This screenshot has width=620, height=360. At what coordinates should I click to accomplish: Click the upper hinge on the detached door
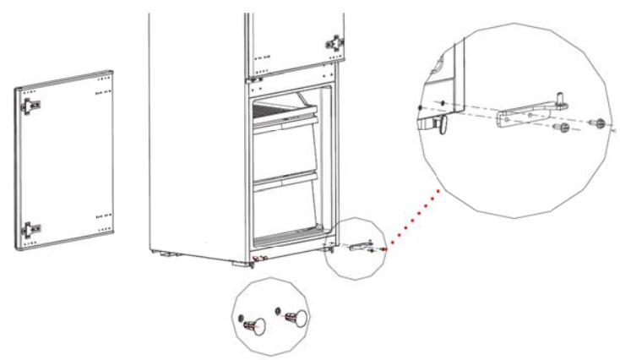pos(32,104)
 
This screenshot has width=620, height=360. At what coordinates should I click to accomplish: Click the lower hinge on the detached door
pos(31,226)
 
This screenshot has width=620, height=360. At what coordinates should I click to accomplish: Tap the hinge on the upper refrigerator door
pos(336,41)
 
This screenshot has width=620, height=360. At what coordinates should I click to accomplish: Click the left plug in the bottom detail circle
pos(253,322)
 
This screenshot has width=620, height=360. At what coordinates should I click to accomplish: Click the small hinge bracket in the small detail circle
pos(362,245)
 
